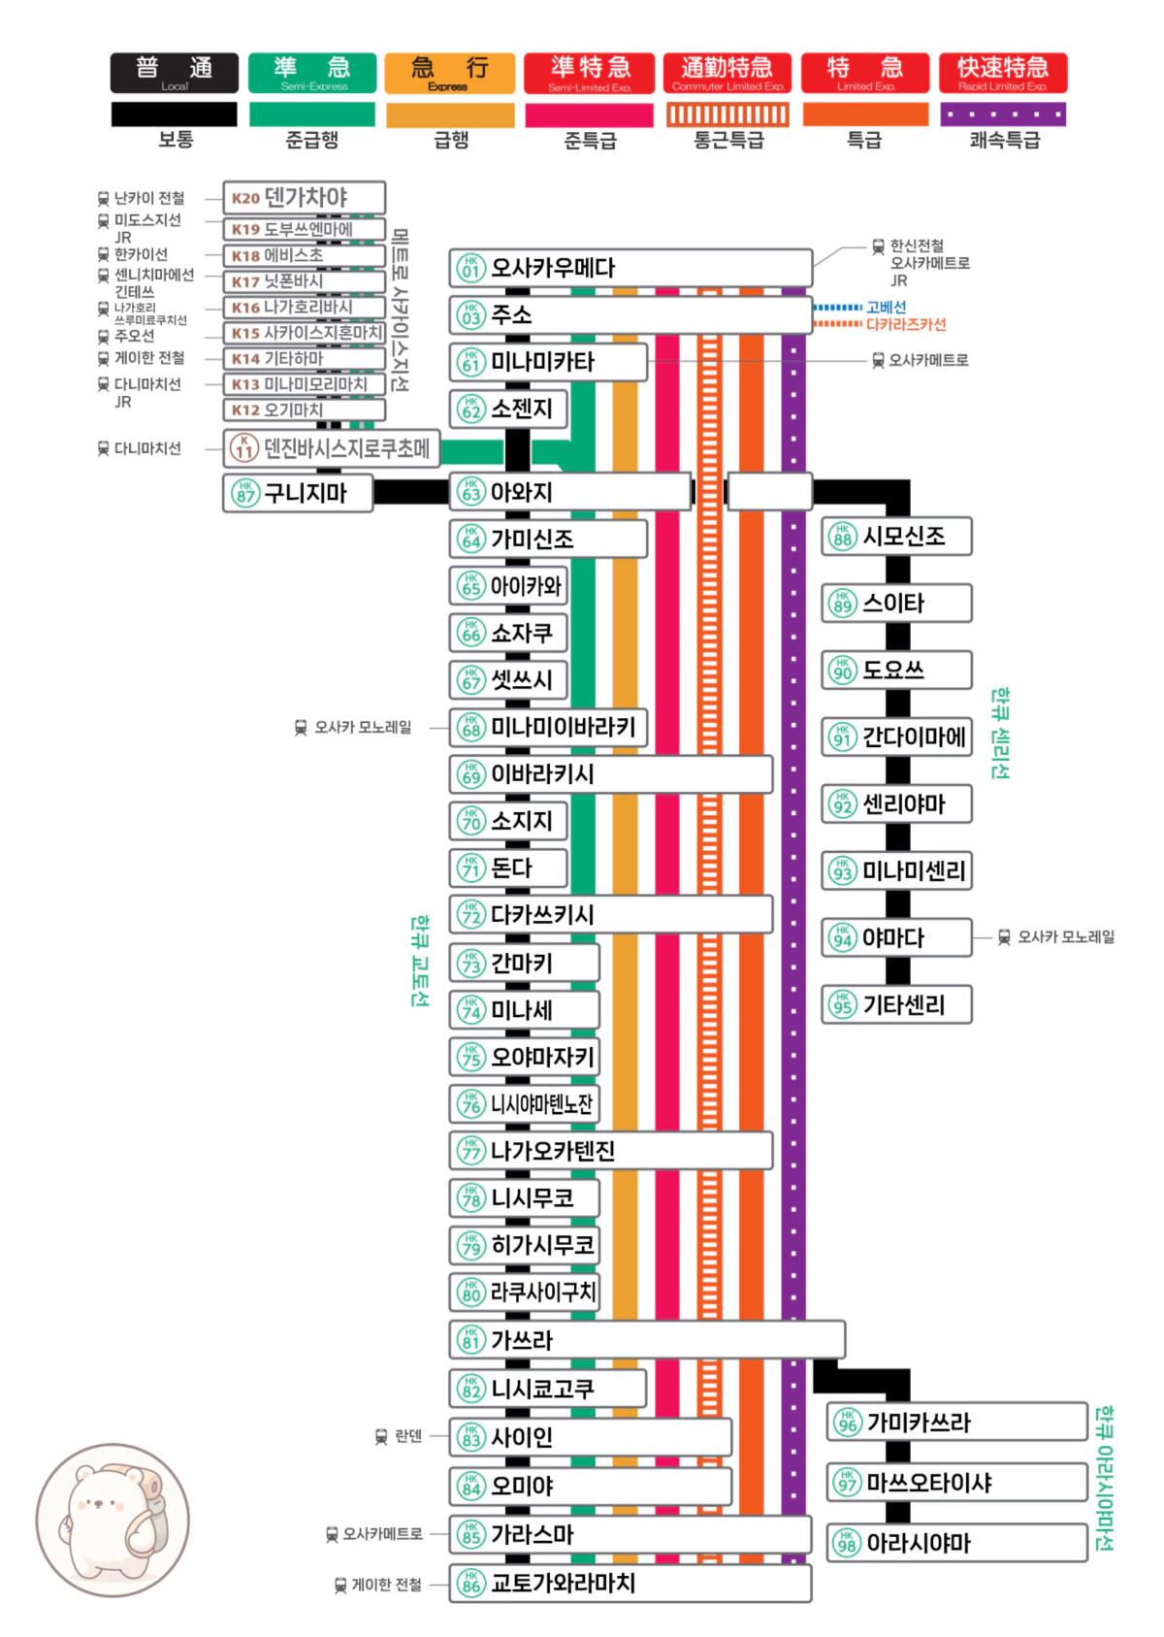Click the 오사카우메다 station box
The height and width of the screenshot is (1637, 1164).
[630, 268]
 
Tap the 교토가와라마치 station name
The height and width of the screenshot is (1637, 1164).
[563, 1584]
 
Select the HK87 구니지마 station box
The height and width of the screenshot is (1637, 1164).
[298, 493]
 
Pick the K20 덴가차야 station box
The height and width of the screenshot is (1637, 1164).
[304, 197]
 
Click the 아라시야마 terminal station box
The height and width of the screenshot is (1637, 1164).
[955, 1543]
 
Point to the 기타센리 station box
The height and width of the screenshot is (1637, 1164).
[896, 1005]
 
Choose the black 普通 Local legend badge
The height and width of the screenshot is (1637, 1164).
[175, 73]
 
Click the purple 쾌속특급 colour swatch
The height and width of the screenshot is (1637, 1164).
[1003, 115]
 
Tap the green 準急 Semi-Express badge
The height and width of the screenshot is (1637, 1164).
[312, 73]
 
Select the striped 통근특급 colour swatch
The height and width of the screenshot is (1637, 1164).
[727, 115]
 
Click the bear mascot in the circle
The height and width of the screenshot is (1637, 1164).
[113, 1520]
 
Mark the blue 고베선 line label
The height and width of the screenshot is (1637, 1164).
[886, 307]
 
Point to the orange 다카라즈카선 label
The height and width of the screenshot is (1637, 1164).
[905, 324]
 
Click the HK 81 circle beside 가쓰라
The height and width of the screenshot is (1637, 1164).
[470, 1340]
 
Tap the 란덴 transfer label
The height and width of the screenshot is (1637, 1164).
[408, 1436]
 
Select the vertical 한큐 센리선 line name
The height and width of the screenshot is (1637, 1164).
[1000, 734]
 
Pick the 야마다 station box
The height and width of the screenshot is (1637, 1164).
[896, 938]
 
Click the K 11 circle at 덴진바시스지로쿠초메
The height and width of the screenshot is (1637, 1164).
[243, 448]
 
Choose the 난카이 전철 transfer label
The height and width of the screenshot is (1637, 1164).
[148, 198]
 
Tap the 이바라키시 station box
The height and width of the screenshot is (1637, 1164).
[611, 774]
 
